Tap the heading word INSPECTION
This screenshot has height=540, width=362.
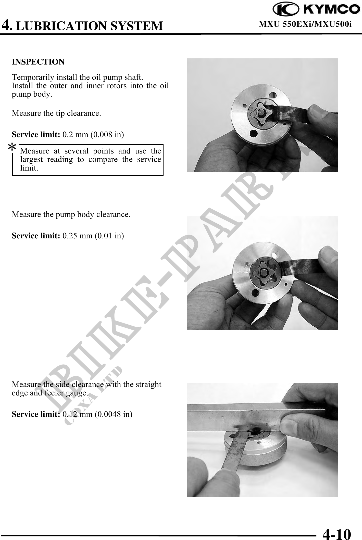pos(38,62)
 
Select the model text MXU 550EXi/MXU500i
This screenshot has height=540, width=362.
pos(305,24)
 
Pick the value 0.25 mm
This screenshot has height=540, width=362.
pos(78,236)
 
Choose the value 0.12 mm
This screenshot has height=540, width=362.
pos(78,414)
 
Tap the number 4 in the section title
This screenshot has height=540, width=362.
pos(6,25)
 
